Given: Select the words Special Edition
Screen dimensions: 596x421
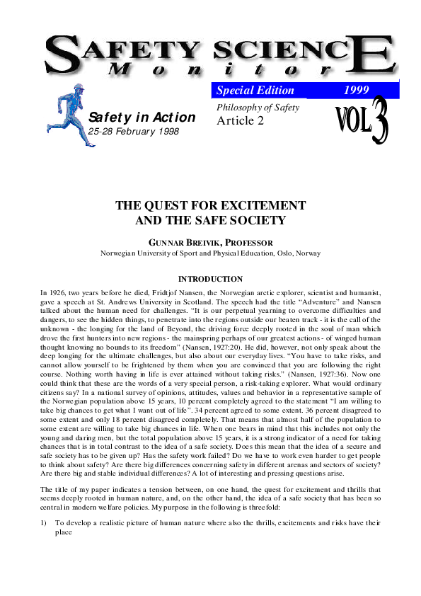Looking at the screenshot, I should [x=255, y=91].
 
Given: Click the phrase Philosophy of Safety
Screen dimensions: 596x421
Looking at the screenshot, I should [x=258, y=108].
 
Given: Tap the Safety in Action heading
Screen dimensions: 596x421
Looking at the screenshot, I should [x=142, y=118].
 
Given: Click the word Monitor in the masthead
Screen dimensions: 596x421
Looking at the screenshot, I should [x=220, y=69].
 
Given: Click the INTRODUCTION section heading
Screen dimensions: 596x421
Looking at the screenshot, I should [x=210, y=279].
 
